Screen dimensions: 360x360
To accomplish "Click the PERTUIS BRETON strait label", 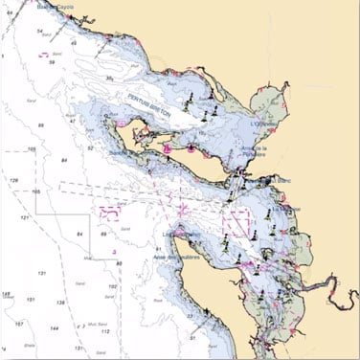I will pyautogui.click(x=150, y=105).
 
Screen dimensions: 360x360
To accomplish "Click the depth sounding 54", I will pyautogui.click(x=40, y=31).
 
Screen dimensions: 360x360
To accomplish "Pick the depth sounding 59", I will pyautogui.click(x=51, y=62).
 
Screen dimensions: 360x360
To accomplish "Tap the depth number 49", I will pyautogui.click(x=74, y=44).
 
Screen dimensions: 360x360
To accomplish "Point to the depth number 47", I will pyautogui.click(x=72, y=122).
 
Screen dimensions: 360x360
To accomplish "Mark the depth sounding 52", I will pyautogui.click(x=90, y=148).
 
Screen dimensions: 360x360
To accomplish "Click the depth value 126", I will pyautogui.click(x=13, y=180).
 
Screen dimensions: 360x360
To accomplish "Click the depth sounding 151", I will pyautogui.click(x=32, y=300).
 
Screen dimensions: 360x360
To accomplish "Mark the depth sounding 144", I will pyautogui.click(x=54, y=328).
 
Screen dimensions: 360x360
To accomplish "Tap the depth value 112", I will pyautogui.click(x=104, y=332).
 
